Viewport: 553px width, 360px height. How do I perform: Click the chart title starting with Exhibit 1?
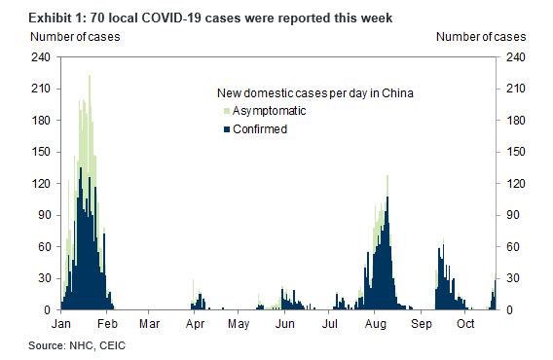[210, 18]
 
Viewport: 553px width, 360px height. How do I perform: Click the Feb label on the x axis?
[107, 324]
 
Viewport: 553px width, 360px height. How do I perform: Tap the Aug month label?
[375, 324]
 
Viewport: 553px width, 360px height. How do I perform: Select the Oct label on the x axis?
[465, 324]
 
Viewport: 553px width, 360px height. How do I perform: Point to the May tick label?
[239, 324]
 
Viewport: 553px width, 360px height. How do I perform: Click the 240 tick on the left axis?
[41, 56]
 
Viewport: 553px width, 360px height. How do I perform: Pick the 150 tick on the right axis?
[516, 152]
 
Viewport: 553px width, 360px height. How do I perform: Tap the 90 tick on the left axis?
[44, 215]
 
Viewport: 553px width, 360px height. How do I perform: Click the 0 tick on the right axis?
[509, 310]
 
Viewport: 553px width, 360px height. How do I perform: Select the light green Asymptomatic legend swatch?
[227, 112]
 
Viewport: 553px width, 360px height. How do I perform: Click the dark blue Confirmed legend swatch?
[227, 129]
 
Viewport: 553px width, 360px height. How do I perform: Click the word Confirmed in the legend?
[260, 129]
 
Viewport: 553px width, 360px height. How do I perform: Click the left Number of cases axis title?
[75, 37]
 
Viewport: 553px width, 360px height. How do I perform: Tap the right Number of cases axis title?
[481, 37]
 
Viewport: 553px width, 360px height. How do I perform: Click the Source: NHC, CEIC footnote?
[77, 345]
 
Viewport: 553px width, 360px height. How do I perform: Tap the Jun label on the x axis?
[284, 324]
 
